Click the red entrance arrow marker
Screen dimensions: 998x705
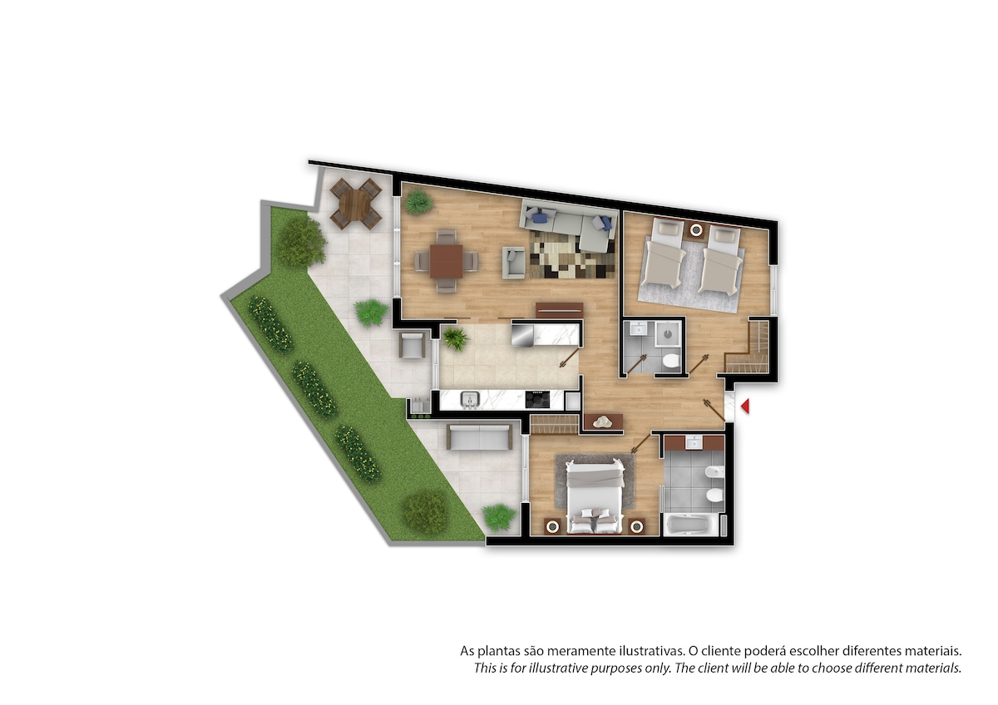tap(745, 407)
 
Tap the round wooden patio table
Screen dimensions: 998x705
tap(354, 205)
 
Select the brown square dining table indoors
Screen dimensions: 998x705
tap(447, 261)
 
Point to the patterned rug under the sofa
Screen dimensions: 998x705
tap(572, 254)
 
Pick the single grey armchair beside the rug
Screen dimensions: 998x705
tap(514, 263)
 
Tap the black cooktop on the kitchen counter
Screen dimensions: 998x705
tap(537, 399)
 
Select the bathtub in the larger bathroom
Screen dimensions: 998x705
tap(691, 525)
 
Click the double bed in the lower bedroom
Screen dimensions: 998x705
tap(595, 496)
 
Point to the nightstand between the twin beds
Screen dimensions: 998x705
tap(695, 229)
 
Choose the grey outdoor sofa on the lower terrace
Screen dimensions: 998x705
tap(479, 437)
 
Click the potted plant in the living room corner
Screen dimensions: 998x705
tap(417, 202)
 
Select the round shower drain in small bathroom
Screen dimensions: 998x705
tap(669, 333)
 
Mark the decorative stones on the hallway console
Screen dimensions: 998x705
tap(603, 422)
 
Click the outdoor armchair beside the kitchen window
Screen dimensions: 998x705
tap(412, 346)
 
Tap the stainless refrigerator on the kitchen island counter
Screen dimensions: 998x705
tap(522, 336)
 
